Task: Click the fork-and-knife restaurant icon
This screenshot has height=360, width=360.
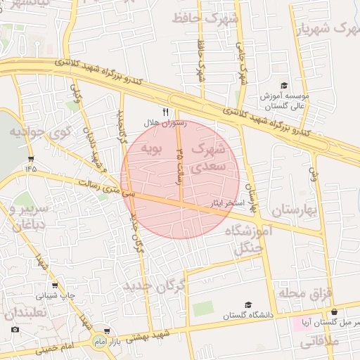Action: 166,112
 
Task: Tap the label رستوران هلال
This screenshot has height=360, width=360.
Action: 166,123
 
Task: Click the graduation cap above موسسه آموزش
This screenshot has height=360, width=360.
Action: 283,84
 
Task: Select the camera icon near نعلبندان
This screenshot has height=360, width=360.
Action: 15,329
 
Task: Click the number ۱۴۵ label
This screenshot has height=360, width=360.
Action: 30,169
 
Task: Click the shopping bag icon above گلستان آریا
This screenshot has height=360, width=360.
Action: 334,311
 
